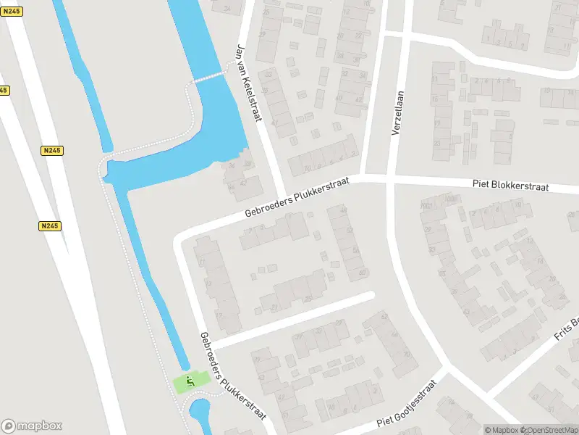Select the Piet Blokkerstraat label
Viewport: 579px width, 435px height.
(511, 186)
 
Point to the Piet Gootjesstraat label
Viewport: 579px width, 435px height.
(407, 411)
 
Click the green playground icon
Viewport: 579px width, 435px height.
(191, 381)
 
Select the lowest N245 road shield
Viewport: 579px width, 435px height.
(49, 226)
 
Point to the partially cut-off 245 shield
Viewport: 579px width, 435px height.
(3, 90)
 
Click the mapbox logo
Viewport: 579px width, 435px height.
(31, 426)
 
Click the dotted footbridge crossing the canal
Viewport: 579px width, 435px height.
(210, 75)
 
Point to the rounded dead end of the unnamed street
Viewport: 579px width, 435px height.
(370, 295)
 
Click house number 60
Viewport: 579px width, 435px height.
(362, 273)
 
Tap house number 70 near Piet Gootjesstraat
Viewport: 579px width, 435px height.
(406, 355)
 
